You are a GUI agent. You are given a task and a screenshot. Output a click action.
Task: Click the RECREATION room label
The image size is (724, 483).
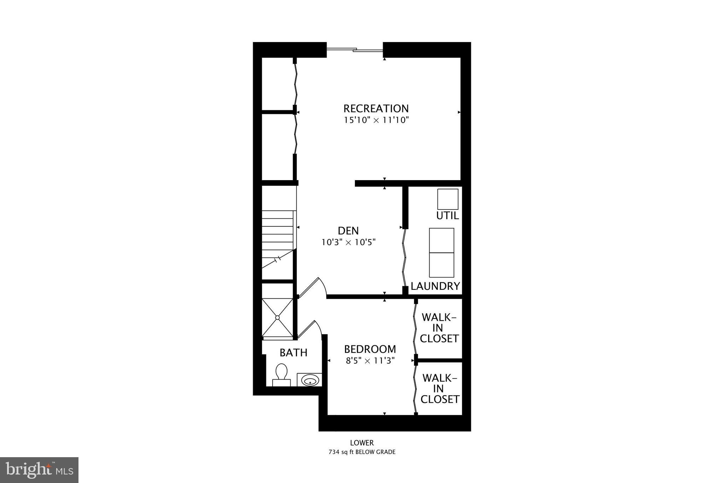pyautogui.click(x=376, y=108)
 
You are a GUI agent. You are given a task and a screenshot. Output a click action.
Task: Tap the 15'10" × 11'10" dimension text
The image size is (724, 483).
pyautogui.click(x=376, y=120)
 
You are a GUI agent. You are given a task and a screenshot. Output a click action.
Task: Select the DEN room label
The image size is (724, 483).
pyautogui.click(x=348, y=231)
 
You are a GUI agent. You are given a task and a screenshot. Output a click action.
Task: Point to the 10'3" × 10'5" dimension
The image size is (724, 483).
pyautogui.click(x=348, y=242)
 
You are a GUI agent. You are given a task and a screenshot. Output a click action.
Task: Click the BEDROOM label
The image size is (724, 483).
pyautogui.click(x=370, y=349)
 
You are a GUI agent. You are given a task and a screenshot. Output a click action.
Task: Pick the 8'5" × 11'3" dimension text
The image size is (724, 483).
pyautogui.click(x=370, y=361)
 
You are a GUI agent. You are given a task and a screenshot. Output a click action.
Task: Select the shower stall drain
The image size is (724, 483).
pyautogui.click(x=278, y=317)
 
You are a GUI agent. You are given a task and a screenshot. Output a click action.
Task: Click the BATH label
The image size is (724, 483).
pyautogui.click(x=293, y=353)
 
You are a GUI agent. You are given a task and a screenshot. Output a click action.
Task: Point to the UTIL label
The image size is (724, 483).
pyautogui.click(x=447, y=216)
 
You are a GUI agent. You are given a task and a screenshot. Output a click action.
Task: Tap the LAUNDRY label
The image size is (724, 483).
pyautogui.click(x=435, y=286)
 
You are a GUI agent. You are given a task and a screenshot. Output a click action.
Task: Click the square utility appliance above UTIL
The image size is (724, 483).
pyautogui.click(x=448, y=199)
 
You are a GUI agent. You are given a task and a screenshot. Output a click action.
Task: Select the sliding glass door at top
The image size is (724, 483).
pyautogui.click(x=355, y=50)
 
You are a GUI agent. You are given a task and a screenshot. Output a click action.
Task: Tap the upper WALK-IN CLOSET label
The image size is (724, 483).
pyautogui.click(x=439, y=328)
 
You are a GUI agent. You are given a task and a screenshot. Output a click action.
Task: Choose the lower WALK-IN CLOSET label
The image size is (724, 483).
pyautogui.click(x=439, y=389)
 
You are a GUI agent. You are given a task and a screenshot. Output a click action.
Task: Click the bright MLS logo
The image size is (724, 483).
pyautogui.click(x=39, y=470)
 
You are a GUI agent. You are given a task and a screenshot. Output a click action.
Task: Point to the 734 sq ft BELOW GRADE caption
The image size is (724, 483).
pyautogui.click(x=362, y=452)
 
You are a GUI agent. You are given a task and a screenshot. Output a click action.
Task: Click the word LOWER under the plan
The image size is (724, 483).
pyautogui.click(x=362, y=443)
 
